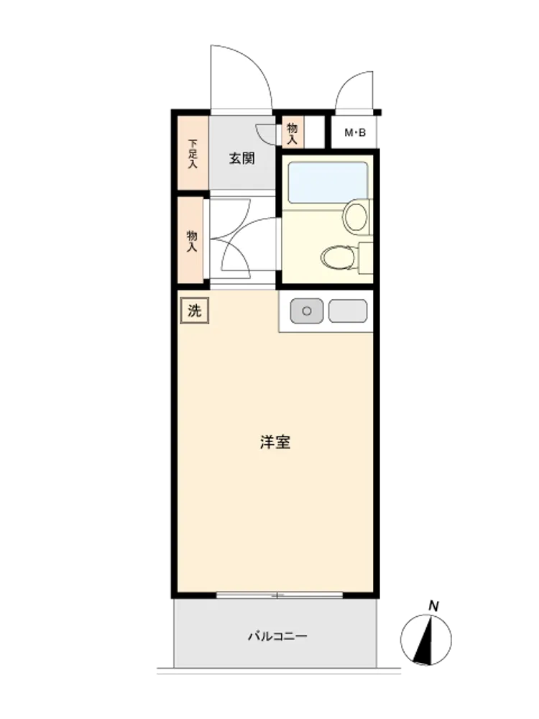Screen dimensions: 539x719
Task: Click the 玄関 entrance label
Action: [x=242, y=159]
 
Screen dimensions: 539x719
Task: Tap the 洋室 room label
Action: [x=275, y=442]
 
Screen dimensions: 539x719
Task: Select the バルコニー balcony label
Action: [x=277, y=636]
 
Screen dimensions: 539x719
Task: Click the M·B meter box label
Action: [x=355, y=133]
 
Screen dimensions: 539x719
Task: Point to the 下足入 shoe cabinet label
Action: [x=193, y=154]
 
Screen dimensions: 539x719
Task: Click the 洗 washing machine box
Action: [x=194, y=311]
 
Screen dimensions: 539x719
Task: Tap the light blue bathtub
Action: [x=327, y=183]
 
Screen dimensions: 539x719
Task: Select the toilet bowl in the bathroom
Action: [x=339, y=257]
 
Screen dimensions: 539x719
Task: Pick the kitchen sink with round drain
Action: [x=307, y=311]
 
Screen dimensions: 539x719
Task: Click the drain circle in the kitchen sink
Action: [x=307, y=311]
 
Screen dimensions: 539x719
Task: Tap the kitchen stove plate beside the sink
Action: [x=348, y=311]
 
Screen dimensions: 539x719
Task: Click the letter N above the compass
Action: [x=433, y=606]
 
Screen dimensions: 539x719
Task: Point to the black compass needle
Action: [x=425, y=641]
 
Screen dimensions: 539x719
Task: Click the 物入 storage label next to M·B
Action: [x=292, y=134]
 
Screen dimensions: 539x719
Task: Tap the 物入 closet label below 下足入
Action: [x=192, y=241]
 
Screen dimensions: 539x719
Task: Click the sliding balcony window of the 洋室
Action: [x=280, y=595]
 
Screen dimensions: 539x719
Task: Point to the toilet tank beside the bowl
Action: [x=365, y=257]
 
